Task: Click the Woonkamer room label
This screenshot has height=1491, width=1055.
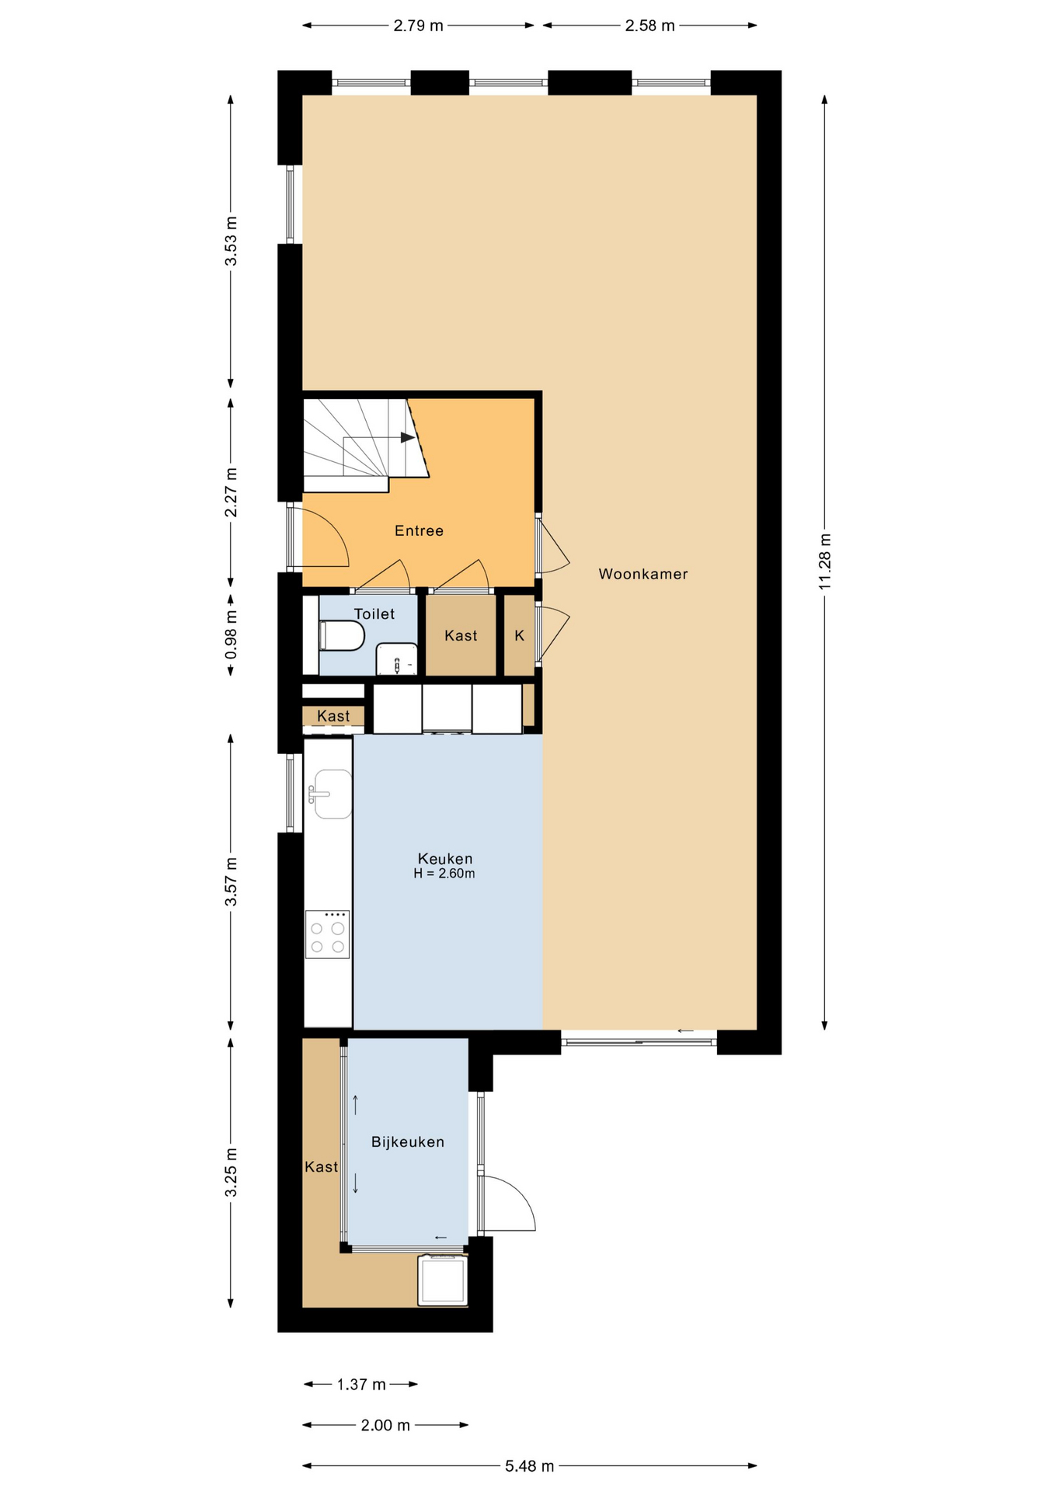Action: (x=642, y=574)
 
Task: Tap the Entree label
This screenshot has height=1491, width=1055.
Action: (x=419, y=530)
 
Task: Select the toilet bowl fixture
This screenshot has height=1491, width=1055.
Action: (x=341, y=635)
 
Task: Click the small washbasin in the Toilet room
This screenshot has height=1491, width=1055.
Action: (x=396, y=659)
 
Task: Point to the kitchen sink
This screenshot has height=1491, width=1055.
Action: (x=331, y=794)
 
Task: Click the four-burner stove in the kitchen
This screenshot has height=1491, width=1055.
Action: (x=327, y=934)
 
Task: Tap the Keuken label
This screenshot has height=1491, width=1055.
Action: (x=445, y=858)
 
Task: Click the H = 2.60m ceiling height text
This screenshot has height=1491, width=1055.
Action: (x=444, y=874)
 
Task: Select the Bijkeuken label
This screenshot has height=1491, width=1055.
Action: (x=408, y=1142)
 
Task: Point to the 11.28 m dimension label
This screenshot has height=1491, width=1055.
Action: (x=825, y=561)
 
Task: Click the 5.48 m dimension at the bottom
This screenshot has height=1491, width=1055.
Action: (x=530, y=1466)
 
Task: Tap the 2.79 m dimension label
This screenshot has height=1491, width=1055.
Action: (x=418, y=26)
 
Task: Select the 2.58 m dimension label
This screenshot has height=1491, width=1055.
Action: (x=650, y=26)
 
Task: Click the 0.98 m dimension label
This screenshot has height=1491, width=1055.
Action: (x=231, y=634)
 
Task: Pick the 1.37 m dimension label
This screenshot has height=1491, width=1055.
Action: (x=361, y=1384)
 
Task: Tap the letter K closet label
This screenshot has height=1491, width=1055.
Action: (x=520, y=635)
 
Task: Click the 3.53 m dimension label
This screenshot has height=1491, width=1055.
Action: (x=231, y=241)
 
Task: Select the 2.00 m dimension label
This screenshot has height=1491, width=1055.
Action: (x=385, y=1425)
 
